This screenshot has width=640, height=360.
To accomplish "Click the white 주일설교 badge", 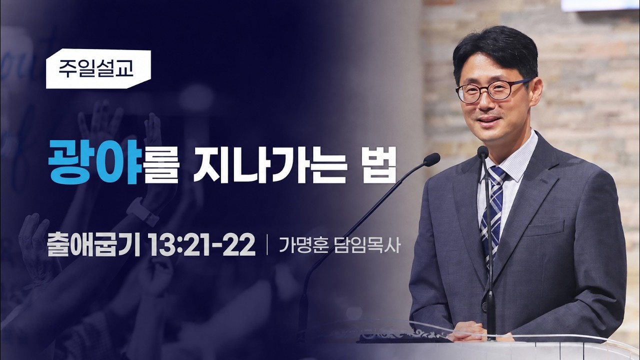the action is (x=98, y=69).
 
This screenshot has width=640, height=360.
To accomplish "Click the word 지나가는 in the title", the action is (x=270, y=165).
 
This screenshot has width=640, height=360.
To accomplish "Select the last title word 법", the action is (x=379, y=165).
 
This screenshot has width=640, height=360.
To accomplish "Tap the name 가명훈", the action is (x=303, y=245).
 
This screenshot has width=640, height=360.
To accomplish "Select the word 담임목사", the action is (x=367, y=245).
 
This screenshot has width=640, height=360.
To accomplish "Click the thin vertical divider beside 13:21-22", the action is (x=267, y=245).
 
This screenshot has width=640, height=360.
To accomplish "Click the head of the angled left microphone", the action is (x=431, y=159).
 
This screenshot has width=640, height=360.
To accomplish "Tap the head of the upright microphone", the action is (x=483, y=152).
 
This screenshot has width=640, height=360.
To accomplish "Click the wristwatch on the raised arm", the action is (x=142, y=212).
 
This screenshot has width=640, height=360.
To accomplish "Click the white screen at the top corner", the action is (x=600, y=5).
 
